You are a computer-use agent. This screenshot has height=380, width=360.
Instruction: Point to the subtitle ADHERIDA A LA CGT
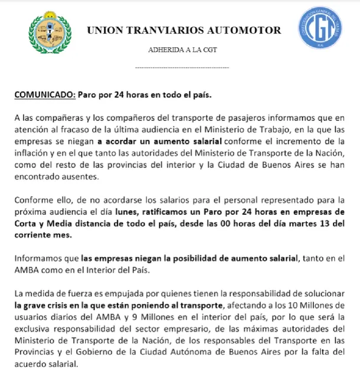182,50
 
